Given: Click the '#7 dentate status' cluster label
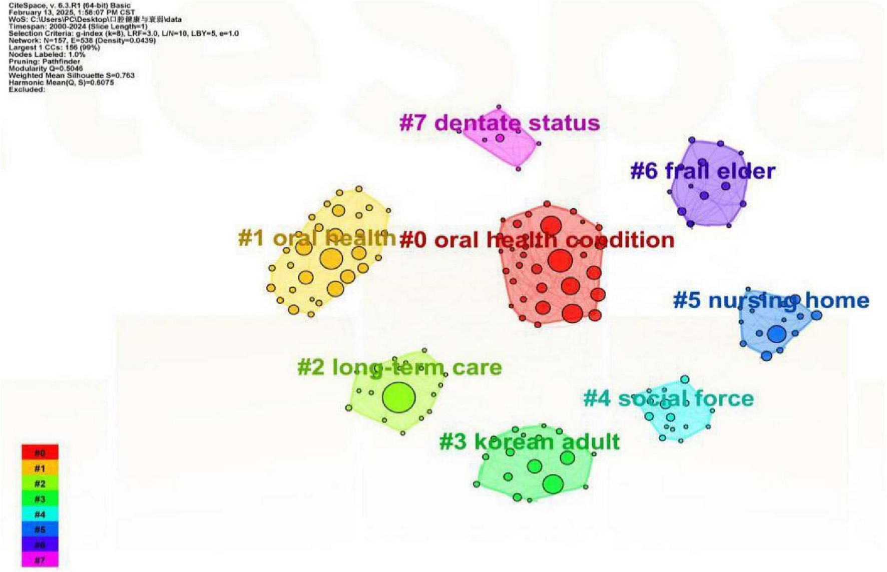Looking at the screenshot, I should [x=499, y=123].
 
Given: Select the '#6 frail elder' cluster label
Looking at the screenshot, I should [x=702, y=171].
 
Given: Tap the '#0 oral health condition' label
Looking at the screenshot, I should [x=537, y=240].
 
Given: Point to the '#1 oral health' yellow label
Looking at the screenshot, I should [x=317, y=238].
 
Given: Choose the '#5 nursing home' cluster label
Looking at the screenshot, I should [x=771, y=301].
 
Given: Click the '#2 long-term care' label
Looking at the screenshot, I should [x=399, y=367].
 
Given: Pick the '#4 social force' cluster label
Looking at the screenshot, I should [x=668, y=399].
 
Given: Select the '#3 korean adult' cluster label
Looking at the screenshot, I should [x=529, y=442].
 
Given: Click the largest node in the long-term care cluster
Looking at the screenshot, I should [x=398, y=398].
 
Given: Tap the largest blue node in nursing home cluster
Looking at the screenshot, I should [x=776, y=334].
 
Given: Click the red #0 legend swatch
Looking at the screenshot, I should [x=40, y=453].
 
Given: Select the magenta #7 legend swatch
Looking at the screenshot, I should [x=40, y=560].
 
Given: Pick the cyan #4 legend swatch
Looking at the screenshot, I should [x=40, y=514].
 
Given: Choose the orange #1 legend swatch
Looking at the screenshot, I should [x=40, y=468].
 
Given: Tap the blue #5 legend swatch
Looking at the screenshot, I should [x=40, y=529].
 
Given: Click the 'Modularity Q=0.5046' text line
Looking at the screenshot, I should [x=46, y=69].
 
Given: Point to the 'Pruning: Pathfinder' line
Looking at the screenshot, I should [x=44, y=62].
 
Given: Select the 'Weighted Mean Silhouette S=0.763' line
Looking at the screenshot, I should [x=72, y=76].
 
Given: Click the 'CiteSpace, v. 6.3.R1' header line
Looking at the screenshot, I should [x=70, y=6].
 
